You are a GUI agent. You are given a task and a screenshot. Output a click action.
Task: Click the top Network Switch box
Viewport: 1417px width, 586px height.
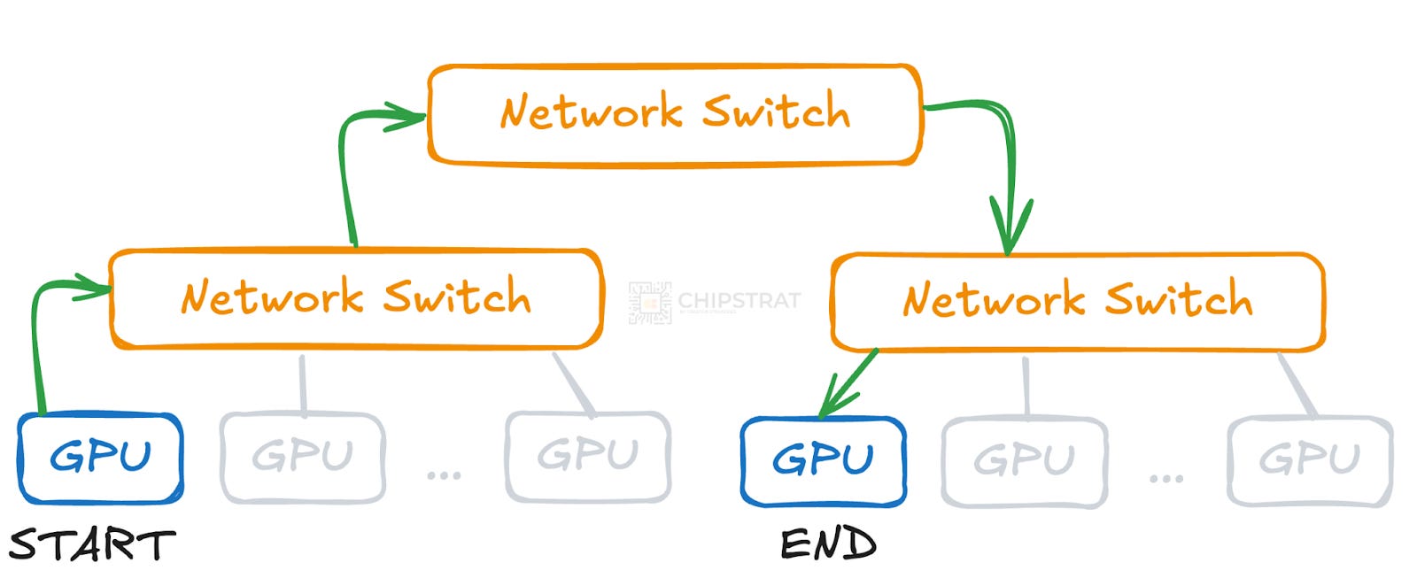675,115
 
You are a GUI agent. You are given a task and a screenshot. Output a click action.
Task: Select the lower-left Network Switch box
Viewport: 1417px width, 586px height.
356,299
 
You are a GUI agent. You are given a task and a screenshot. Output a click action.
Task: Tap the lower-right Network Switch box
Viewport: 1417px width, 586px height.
1077,302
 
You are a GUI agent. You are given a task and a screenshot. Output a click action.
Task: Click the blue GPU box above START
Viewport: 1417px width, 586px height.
100,458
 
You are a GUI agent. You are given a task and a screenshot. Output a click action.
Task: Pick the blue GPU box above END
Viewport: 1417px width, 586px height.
823,461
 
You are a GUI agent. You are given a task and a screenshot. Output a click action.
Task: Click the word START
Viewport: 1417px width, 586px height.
92,545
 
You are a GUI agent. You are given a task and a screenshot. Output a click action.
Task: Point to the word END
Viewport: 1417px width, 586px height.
828,544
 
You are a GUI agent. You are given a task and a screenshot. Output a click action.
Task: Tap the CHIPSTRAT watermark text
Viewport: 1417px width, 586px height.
739,300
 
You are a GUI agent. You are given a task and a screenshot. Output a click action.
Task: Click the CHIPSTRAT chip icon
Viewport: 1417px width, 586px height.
649,303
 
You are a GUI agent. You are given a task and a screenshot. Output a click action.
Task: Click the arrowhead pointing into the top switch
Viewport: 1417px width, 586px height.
403,116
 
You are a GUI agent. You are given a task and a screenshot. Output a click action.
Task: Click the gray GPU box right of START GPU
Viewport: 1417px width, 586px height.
302,458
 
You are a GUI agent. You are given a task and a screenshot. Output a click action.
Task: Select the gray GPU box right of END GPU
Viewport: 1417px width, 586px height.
1025,461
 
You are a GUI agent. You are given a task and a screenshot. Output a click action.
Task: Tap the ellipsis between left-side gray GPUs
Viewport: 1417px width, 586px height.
444,475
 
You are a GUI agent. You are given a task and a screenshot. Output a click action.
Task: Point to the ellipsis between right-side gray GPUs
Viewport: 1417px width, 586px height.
1166,478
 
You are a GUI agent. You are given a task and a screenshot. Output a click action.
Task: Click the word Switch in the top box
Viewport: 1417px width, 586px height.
776,112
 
